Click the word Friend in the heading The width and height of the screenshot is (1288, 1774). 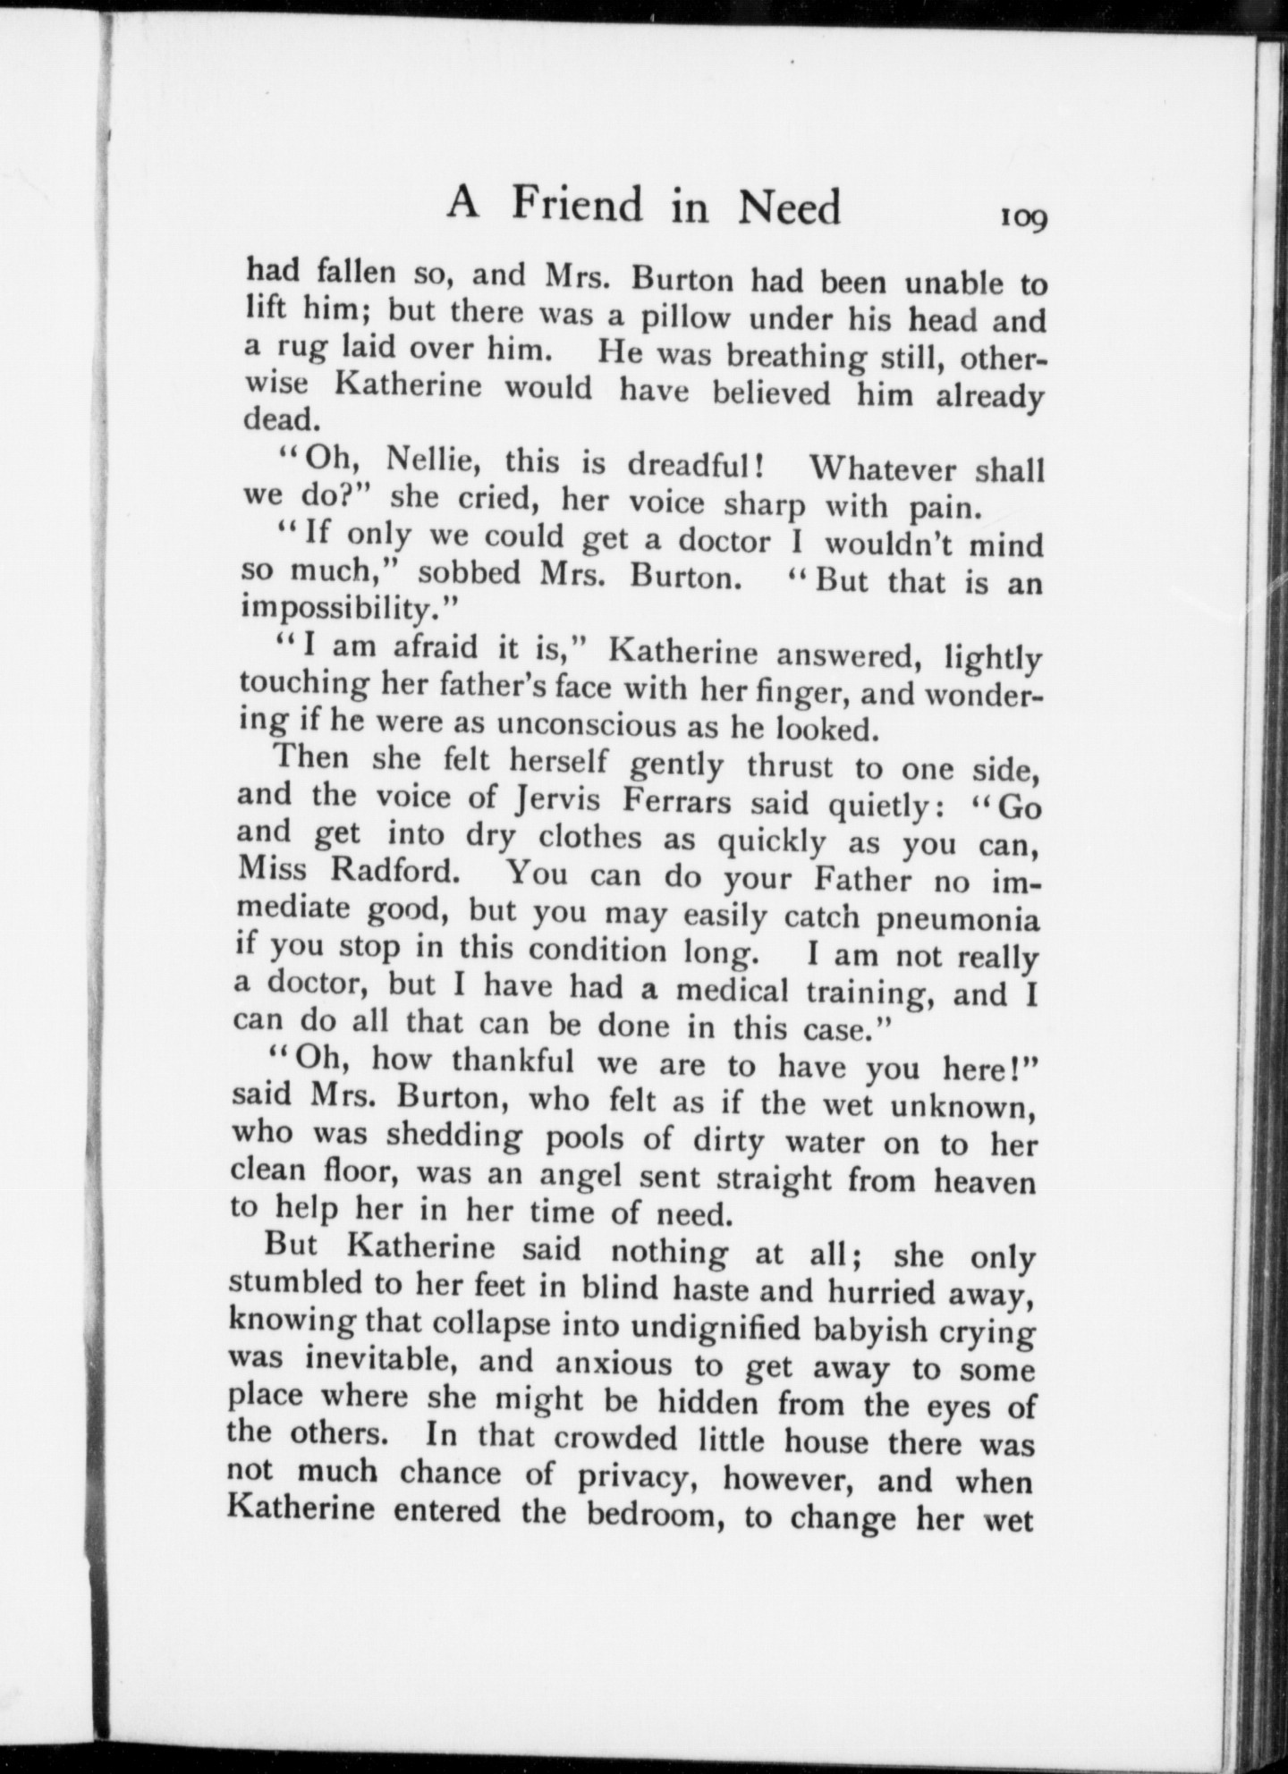[x=578, y=207]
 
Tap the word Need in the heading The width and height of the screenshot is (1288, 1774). [x=789, y=208]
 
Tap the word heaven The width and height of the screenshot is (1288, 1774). [x=985, y=1182]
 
